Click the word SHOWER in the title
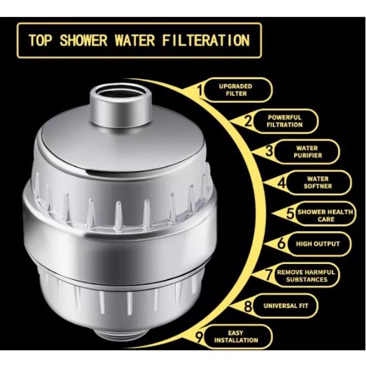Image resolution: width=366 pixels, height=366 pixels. [x=83, y=40]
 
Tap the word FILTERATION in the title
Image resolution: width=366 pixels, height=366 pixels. [x=206, y=40]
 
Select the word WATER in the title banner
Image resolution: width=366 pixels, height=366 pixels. [x=135, y=40]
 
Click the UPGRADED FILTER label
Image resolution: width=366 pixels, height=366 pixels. [x=236, y=90]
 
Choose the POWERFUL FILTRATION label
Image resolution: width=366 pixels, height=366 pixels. [x=284, y=121]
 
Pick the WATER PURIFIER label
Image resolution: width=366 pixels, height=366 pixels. [x=307, y=152]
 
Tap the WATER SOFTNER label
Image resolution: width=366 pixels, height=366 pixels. [x=318, y=182]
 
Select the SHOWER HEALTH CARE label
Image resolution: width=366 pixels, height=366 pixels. [x=325, y=216]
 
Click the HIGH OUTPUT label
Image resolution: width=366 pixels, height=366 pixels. [x=318, y=244]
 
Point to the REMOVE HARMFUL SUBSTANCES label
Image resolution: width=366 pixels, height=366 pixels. [x=306, y=275]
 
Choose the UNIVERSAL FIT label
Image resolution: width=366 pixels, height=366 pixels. [x=286, y=306]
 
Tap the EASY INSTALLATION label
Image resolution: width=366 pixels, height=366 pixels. [x=236, y=336]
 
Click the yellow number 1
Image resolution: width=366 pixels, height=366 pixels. [x=199, y=90]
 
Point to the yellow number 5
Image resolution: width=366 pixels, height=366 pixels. [x=291, y=213]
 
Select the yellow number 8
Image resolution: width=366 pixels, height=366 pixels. [x=248, y=306]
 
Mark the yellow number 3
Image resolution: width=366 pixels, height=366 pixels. [x=269, y=150]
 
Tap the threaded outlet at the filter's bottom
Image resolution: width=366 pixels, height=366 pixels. [x=121, y=338]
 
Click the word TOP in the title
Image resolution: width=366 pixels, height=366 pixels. [x=40, y=40]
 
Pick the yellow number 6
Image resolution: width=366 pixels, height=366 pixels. [x=281, y=243]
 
